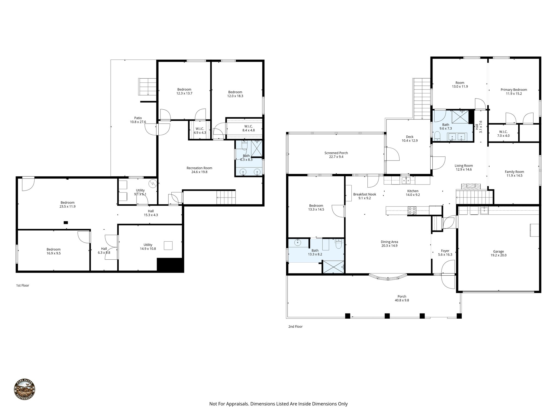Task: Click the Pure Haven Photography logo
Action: (24, 389)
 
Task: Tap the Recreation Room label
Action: (199, 168)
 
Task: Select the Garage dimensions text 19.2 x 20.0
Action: (498, 255)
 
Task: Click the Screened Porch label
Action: (336, 153)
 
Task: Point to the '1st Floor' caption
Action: (23, 285)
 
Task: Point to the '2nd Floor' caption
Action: (295, 327)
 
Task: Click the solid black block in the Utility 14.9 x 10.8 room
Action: (170, 265)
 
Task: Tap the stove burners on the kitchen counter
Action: (412, 210)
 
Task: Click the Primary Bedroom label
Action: (513, 90)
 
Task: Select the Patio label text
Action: (138, 118)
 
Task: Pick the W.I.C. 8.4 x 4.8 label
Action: (248, 126)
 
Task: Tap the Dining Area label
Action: (389, 242)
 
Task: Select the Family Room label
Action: (514, 172)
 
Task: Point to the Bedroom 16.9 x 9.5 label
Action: (53, 249)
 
